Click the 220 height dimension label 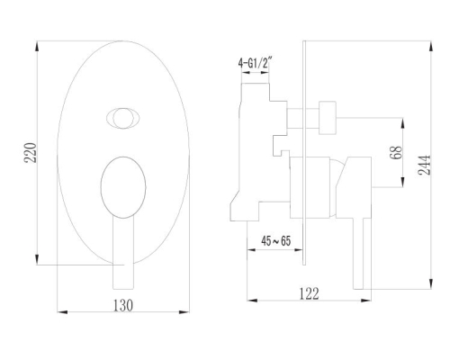pyautogui.click(x=31, y=153)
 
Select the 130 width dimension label pyautogui.click(x=123, y=305)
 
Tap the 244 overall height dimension pyautogui.click(x=424, y=165)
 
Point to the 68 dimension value pyautogui.click(x=396, y=152)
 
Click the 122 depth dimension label pyautogui.click(x=309, y=293)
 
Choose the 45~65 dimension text pyautogui.click(x=276, y=241)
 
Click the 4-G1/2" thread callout pyautogui.click(x=255, y=63)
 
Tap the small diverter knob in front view pyautogui.click(x=123, y=118)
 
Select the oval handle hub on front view pyautogui.click(x=123, y=187)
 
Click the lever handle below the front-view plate pyautogui.click(x=123, y=253)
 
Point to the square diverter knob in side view pyautogui.click(x=328, y=118)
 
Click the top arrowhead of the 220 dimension pyautogui.click(x=37, y=47)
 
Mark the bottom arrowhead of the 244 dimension pyautogui.click(x=431, y=283)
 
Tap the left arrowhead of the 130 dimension pyautogui.click(x=62, y=312)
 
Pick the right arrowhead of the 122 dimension pyautogui.click(x=366, y=300)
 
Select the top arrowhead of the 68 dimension pyautogui.click(x=402, y=123)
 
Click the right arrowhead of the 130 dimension pyautogui.click(x=184, y=312)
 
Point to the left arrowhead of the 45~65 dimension pyautogui.click(x=251, y=249)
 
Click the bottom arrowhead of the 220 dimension pyautogui.click(x=37, y=259)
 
